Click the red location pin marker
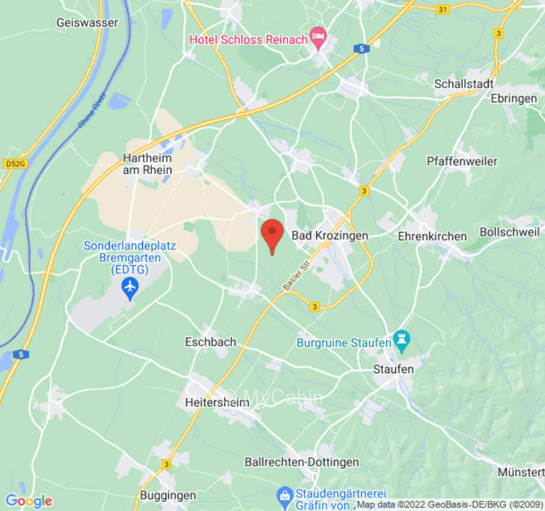273,234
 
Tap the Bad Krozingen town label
330,236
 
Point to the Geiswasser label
87,22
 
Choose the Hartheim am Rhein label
148,164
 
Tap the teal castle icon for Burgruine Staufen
402,343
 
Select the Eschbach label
210,342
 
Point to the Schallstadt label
464,84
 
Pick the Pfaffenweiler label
462,161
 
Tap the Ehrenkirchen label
432,236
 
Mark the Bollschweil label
510,231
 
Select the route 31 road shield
442,10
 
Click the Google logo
28,501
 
